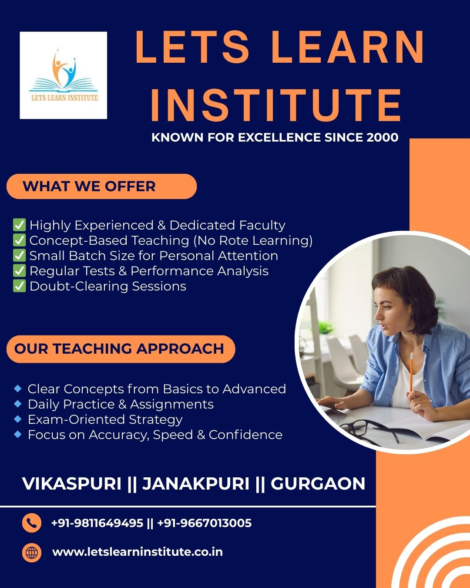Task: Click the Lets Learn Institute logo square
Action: (64, 75)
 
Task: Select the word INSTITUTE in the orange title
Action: (276, 105)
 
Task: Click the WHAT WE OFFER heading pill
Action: (101, 186)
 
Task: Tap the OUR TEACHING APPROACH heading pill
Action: (121, 349)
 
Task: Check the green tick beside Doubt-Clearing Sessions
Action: (20, 286)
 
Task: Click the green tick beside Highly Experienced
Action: (20, 225)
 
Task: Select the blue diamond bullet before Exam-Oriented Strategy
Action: (18, 419)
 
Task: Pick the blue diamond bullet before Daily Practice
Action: (18, 404)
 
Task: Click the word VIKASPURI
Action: (72, 483)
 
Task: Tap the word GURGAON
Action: (318, 483)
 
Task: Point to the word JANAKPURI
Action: (196, 483)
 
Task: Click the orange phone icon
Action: (32, 523)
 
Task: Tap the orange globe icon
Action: (32, 553)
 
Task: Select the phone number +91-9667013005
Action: (204, 523)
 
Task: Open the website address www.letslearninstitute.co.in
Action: (138, 552)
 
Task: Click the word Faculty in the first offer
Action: (262, 226)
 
